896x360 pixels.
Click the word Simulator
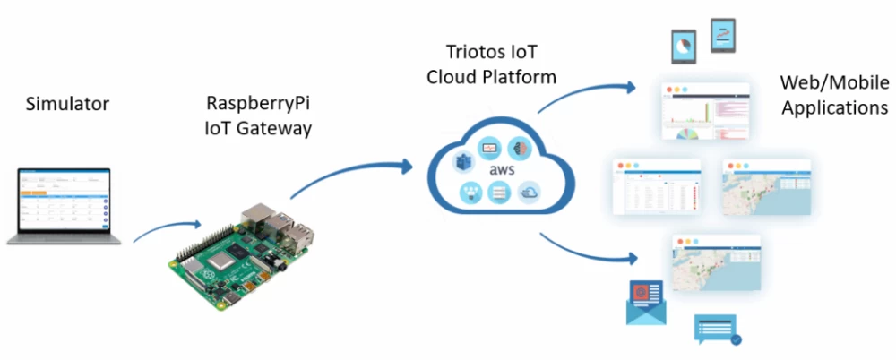[68, 104]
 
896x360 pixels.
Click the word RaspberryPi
[258, 102]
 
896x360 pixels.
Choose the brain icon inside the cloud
[520, 148]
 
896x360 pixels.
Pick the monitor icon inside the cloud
[490, 146]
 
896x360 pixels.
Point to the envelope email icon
[646, 301]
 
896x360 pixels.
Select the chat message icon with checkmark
[716, 329]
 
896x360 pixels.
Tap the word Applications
[834, 107]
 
